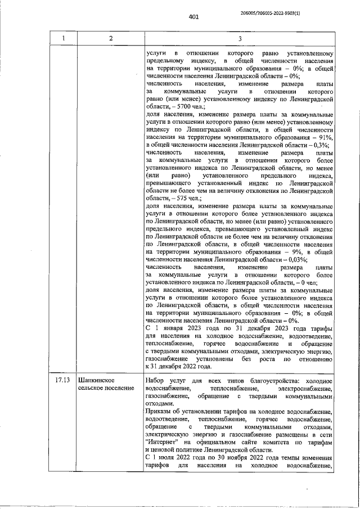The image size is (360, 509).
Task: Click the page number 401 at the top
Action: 194,17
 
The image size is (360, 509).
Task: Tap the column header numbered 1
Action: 64,38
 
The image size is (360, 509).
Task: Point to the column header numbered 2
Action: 111,38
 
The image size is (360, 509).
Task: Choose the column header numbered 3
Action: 240,38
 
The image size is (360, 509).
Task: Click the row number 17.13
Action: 63,380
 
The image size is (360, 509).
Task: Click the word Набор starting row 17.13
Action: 155,380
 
